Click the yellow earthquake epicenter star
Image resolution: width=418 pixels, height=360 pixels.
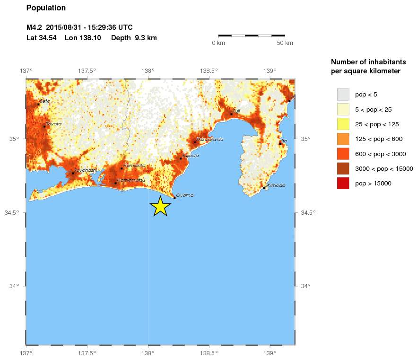(x=160, y=207)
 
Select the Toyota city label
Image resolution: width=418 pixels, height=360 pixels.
(x=53, y=124)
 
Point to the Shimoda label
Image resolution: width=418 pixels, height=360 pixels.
(x=275, y=185)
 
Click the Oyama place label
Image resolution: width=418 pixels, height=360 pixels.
(x=184, y=195)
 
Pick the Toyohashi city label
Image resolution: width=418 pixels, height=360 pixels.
(x=86, y=170)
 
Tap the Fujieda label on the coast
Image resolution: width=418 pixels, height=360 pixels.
(x=190, y=155)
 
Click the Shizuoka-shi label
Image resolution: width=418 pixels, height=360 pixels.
(x=209, y=139)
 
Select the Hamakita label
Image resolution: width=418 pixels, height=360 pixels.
(x=134, y=165)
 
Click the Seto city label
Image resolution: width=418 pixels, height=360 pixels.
(x=45, y=101)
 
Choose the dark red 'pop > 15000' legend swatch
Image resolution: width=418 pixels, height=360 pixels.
(x=343, y=183)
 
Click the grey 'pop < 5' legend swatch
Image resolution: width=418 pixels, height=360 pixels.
(x=343, y=95)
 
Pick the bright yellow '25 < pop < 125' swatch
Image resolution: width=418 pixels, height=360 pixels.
(x=343, y=124)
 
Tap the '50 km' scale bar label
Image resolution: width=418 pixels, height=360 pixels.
(x=285, y=43)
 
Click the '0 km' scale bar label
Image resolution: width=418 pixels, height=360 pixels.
(x=218, y=43)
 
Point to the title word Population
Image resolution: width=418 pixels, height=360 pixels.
(x=46, y=8)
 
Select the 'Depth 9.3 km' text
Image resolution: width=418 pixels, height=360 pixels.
(x=134, y=38)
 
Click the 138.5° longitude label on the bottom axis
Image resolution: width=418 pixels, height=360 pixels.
(x=209, y=353)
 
